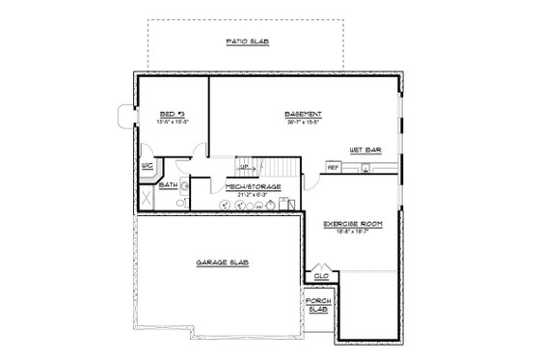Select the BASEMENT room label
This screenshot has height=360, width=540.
303,114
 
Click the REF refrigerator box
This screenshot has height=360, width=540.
333,168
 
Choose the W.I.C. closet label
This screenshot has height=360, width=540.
148,166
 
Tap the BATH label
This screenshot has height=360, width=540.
168,184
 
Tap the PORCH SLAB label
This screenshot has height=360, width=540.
318,307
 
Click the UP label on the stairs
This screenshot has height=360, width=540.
244,165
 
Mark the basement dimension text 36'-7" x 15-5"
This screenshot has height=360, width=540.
303,123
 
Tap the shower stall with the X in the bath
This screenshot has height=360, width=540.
146,195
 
